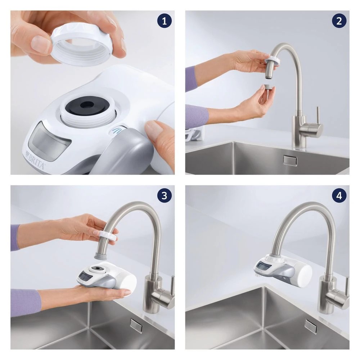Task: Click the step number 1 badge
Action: (x=165, y=21)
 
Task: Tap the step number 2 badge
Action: (x=339, y=21)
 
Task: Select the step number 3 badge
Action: (x=165, y=195)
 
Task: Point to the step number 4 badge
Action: (x=339, y=195)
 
